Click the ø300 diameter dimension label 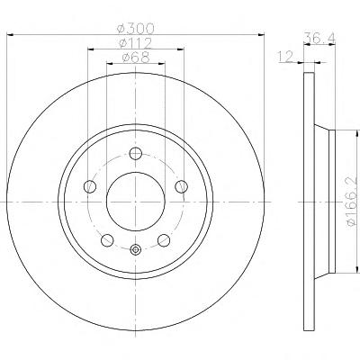[136, 29]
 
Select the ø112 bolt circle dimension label [136, 43]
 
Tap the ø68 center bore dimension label [136, 58]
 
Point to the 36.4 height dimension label [319, 38]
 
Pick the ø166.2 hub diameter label [354, 202]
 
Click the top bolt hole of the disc [136, 154]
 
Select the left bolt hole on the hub [90, 186]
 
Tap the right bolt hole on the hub [182, 186]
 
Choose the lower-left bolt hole [107, 240]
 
